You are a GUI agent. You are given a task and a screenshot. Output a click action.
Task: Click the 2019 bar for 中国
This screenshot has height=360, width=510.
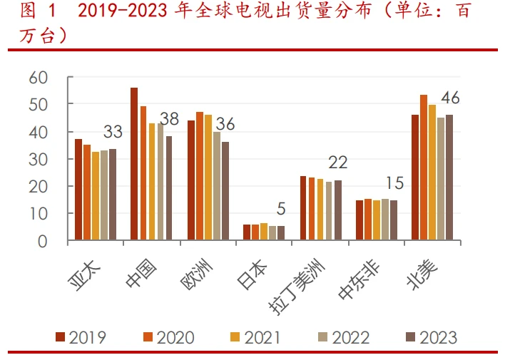click(134, 164)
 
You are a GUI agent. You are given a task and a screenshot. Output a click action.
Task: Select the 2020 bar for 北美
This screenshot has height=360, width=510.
click(424, 168)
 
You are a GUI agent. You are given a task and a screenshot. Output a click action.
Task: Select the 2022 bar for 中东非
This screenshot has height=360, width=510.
click(385, 220)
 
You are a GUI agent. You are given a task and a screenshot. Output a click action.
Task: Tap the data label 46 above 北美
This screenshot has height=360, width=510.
click(451, 98)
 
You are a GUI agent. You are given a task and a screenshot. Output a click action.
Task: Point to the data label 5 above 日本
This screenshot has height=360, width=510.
click(281, 209)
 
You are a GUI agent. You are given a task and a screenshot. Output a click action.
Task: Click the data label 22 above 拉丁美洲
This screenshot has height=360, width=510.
click(337, 163)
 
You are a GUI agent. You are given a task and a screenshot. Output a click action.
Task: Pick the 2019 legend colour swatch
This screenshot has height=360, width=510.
click(61, 337)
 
